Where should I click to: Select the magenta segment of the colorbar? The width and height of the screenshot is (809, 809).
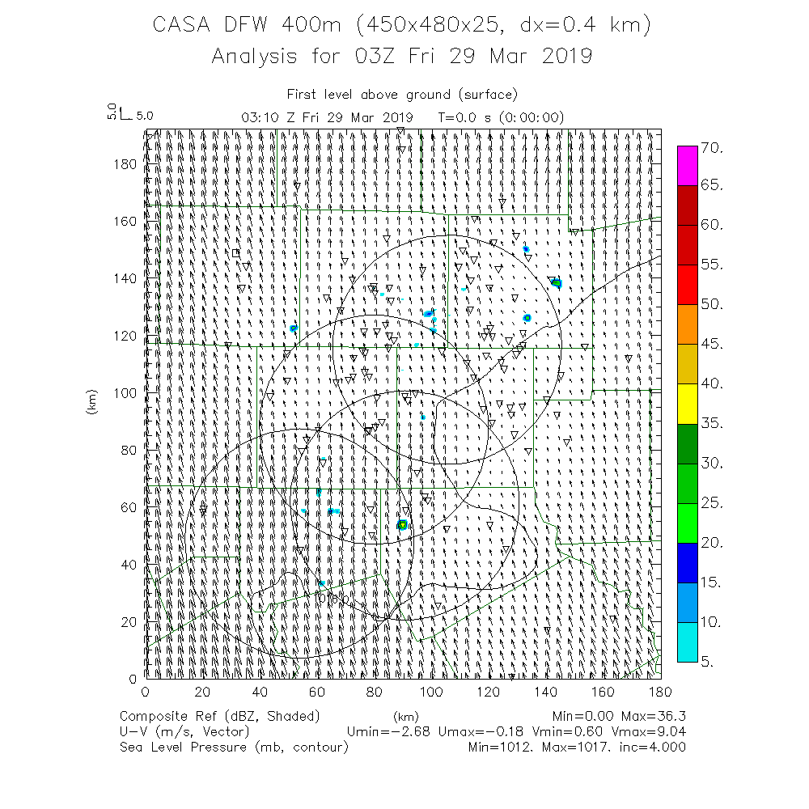point(688,166)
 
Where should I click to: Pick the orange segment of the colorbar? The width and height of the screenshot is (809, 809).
point(688,324)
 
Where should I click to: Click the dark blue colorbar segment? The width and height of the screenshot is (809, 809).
point(688,562)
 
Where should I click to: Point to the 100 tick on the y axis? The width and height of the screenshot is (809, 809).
point(129,392)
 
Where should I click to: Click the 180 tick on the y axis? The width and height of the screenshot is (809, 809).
point(129,163)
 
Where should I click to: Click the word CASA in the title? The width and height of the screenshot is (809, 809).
point(184,25)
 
